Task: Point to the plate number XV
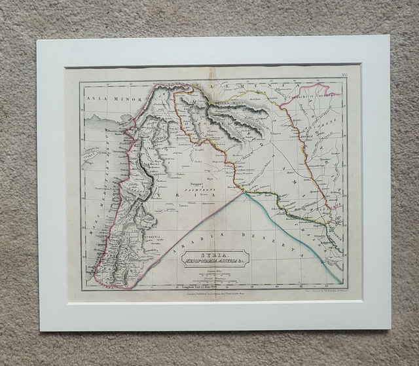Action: point(355,77)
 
